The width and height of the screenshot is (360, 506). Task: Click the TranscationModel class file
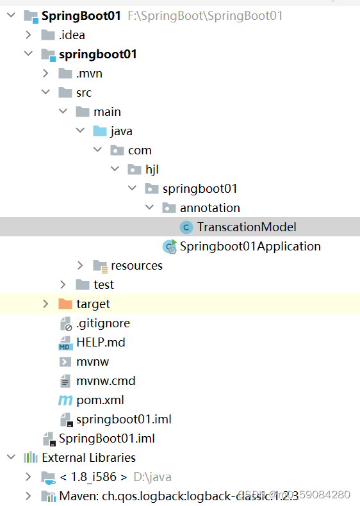tap(247, 227)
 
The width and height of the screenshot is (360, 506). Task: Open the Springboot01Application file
tap(250, 246)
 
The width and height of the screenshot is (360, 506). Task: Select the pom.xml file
tap(100, 400)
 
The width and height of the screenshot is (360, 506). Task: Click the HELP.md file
tap(101, 342)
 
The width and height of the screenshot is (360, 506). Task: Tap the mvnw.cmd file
tap(106, 380)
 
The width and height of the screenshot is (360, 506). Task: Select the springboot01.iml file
tap(124, 419)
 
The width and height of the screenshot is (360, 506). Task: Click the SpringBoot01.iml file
tap(106, 438)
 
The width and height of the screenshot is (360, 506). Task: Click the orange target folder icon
tap(65, 304)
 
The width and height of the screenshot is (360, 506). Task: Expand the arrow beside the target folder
tap(45, 304)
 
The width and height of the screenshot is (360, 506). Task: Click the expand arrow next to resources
tap(80, 265)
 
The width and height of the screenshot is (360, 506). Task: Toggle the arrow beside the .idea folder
tap(28, 35)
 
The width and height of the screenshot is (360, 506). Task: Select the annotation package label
tap(209, 208)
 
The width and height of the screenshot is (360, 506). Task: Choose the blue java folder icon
tap(100, 131)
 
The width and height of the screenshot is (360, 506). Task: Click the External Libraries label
tap(88, 457)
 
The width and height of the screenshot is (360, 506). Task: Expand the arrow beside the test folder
tap(63, 284)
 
